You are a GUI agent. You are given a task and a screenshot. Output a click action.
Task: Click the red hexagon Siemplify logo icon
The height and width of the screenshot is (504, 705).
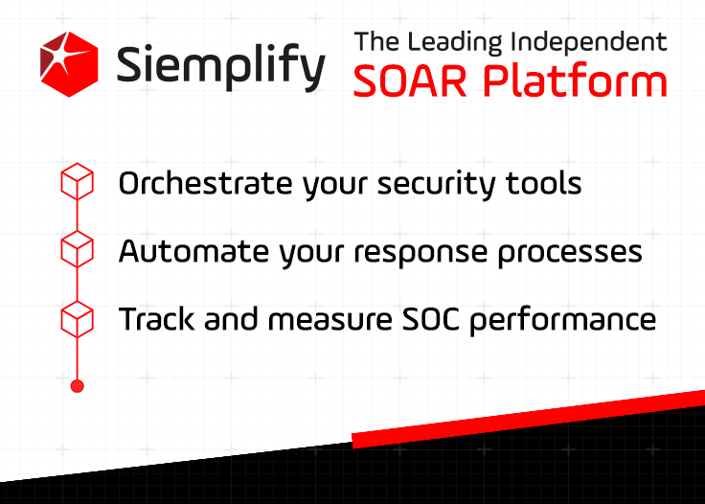tap(69, 64)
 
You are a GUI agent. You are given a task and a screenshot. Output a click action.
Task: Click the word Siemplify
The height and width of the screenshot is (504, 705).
tap(220, 67)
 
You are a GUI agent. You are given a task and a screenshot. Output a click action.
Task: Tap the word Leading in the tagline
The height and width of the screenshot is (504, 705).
tap(455, 43)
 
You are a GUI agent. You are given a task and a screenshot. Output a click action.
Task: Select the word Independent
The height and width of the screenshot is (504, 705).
tap(589, 42)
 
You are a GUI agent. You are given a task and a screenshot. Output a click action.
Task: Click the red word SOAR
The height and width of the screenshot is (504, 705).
tap(410, 80)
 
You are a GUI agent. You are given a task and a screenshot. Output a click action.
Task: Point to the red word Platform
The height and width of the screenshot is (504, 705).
tap(575, 80)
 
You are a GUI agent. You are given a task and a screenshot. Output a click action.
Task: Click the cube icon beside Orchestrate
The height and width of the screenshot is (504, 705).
tap(77, 181)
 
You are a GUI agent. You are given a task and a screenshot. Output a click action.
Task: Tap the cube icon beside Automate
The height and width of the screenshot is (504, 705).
tap(77, 249)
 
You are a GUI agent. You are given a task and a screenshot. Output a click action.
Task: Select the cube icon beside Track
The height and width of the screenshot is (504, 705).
tap(77, 319)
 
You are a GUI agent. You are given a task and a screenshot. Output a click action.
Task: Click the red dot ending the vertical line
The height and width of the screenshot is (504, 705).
tap(78, 386)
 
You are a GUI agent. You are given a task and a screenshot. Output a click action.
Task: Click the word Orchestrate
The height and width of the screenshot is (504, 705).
tap(206, 183)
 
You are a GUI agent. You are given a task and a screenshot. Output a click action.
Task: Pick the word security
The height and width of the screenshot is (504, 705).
tap(436, 185)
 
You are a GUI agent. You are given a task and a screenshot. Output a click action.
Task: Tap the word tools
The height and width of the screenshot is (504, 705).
tap(543, 183)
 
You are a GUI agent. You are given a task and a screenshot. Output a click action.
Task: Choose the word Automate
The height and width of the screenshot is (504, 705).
tap(193, 251)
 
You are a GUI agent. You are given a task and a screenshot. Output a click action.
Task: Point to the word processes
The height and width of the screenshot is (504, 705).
tap(570, 254)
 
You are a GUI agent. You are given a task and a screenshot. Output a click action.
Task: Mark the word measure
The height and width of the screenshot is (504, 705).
tap(330, 320)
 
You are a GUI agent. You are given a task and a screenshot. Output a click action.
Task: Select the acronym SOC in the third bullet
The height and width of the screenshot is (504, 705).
tap(431, 319)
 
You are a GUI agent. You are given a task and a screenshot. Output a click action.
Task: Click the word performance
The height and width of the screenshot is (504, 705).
tap(563, 321)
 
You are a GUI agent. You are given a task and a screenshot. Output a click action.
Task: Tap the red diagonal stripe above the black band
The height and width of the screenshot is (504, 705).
tap(529, 419)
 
